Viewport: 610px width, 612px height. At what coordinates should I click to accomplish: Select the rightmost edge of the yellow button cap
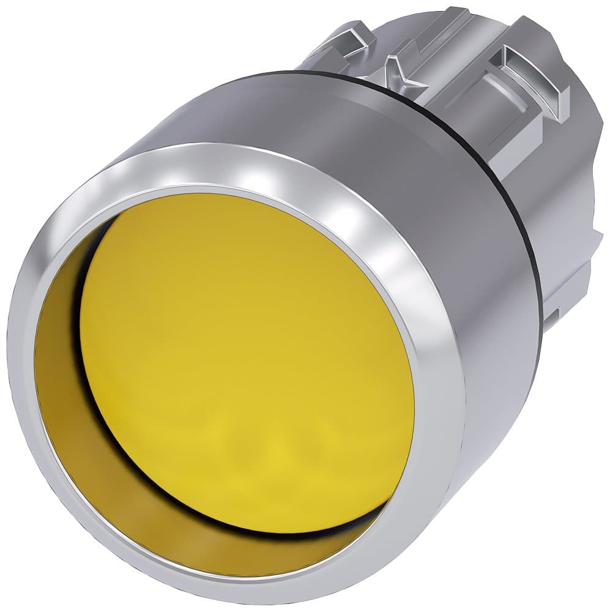pyautogui.click(x=413, y=392)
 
